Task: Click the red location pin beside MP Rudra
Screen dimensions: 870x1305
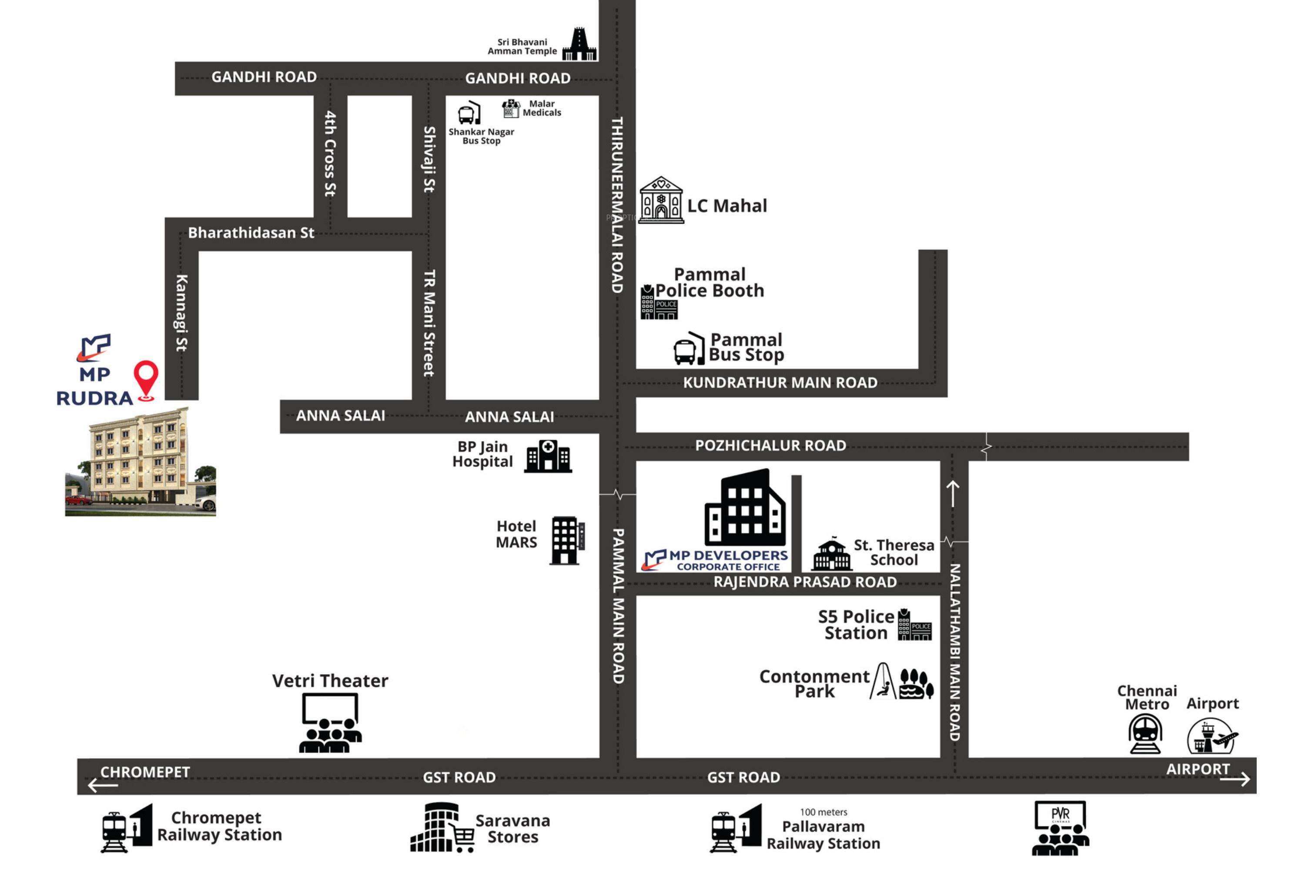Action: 146,379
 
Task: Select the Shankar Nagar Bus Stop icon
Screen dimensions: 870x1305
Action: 469,113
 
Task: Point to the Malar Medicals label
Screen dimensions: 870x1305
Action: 542,108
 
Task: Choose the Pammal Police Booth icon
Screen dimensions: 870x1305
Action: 659,302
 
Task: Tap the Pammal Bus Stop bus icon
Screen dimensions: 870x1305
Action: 689,348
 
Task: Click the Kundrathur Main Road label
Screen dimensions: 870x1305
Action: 780,383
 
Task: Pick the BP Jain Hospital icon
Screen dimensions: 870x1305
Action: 548,457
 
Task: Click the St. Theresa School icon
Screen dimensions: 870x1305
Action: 831,554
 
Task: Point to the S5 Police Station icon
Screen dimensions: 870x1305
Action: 914,625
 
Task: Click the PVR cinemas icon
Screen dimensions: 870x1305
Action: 1060,828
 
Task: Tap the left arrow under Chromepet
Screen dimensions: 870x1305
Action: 103,785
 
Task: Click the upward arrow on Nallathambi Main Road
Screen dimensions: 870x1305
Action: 953,493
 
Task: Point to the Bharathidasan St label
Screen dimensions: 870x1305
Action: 251,233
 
